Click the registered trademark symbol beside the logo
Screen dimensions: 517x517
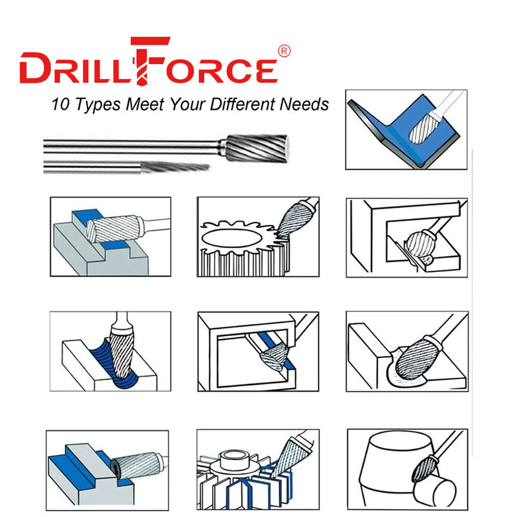click(x=284, y=50)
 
